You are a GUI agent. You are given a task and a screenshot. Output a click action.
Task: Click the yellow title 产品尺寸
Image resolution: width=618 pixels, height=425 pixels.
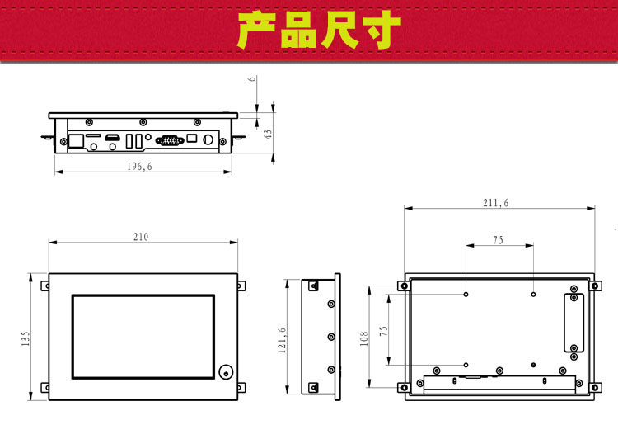[x=320, y=31]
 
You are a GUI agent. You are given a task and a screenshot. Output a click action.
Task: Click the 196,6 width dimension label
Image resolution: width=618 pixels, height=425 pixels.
[x=140, y=167]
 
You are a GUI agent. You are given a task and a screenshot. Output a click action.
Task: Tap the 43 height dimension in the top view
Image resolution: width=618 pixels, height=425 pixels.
[x=268, y=135]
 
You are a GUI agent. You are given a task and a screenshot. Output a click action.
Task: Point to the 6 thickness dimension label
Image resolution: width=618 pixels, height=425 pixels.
[x=253, y=81]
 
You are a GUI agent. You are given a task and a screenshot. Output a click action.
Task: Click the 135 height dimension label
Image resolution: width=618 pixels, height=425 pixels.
[x=26, y=338]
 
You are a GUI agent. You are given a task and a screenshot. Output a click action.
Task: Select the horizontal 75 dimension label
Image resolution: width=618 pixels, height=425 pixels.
[x=499, y=240]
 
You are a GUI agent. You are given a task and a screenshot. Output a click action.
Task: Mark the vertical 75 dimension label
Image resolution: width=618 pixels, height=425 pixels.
[x=382, y=330]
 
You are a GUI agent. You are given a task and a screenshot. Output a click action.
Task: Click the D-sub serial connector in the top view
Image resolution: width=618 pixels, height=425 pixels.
[x=169, y=140]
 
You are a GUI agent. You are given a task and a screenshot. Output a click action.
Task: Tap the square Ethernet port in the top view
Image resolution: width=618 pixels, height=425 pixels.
[x=75, y=140]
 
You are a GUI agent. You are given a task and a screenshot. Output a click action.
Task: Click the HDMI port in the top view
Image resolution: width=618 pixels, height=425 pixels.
[x=116, y=137]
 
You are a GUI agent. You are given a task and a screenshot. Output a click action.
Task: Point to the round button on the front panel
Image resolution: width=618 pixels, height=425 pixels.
[x=226, y=371]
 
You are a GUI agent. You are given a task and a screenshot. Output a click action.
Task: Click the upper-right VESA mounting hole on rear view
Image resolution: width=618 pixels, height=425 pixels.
[x=533, y=294]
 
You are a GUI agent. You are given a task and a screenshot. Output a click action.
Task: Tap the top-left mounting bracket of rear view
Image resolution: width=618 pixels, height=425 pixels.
[x=402, y=287]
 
